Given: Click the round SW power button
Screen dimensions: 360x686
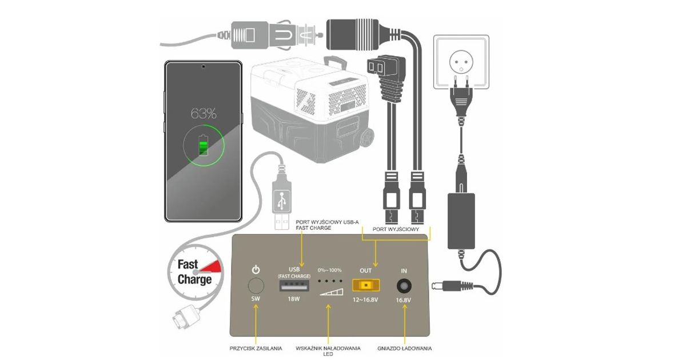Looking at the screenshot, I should pos(256,286).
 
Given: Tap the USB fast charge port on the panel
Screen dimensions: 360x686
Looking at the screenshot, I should pos(295,286).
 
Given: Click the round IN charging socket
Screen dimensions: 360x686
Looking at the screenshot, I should pos(405,285).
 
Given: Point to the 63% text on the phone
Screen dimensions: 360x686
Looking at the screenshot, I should pos(203,114).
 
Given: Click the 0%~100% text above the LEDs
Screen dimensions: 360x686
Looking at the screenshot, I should pos(330,270).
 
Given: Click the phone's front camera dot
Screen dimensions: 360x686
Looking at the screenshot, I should pos(203,67).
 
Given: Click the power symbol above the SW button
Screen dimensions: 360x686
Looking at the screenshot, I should pos(256,269).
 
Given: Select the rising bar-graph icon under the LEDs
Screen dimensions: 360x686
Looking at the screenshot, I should pos(332,291).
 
